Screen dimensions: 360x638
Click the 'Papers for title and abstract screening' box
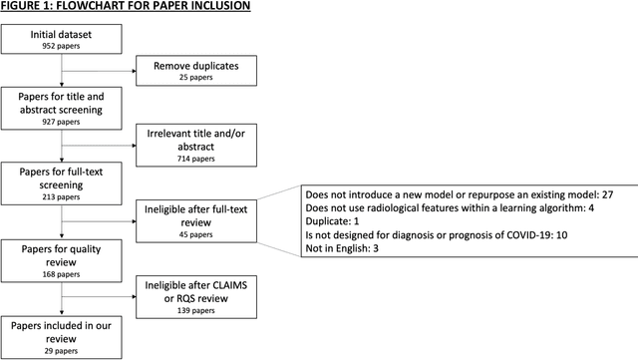61,110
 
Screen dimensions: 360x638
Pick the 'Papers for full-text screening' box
61,184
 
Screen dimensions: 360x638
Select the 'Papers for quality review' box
61,252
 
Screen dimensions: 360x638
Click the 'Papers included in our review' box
61,330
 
